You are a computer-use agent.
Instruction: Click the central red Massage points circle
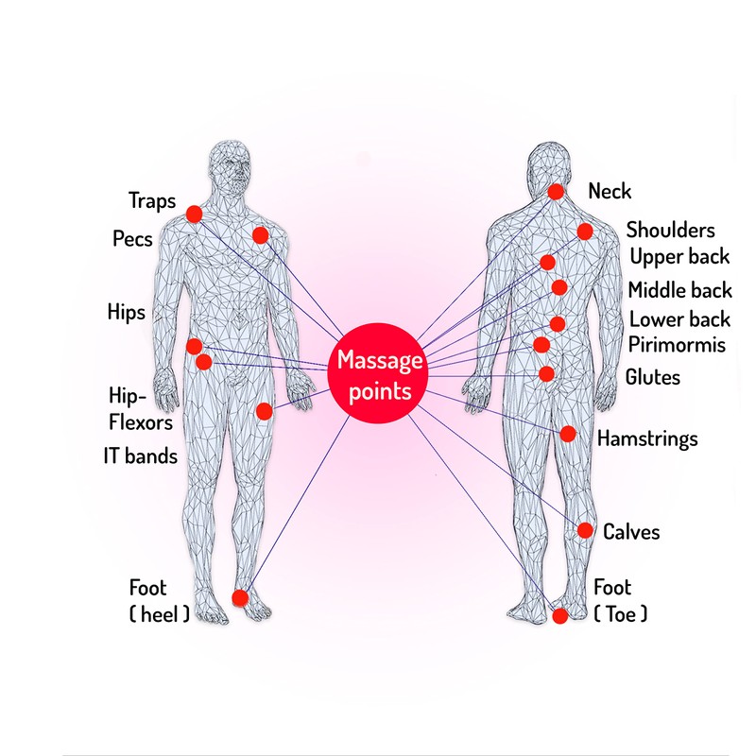click(377, 373)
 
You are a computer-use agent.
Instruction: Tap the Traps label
click(152, 200)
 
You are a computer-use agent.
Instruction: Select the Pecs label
click(132, 239)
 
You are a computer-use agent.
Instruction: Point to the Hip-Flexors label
click(140, 409)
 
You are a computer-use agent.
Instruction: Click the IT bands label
click(140, 455)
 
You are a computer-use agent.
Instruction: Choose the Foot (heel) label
click(159, 601)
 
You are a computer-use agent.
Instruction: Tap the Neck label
click(610, 191)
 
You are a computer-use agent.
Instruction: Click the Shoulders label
click(670, 230)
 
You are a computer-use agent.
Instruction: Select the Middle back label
click(679, 290)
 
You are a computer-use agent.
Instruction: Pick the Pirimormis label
click(677, 345)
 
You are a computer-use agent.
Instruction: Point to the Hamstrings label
click(647, 439)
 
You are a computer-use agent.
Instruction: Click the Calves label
click(631, 532)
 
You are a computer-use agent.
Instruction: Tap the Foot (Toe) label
click(620, 601)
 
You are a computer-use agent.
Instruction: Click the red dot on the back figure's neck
click(556, 192)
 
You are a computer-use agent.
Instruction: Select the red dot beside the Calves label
click(585, 530)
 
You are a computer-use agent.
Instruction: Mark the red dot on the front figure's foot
click(240, 598)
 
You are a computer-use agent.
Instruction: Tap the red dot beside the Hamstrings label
click(568, 434)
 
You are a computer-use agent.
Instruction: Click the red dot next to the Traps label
click(194, 215)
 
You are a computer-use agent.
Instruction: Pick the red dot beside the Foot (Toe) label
click(559, 616)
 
